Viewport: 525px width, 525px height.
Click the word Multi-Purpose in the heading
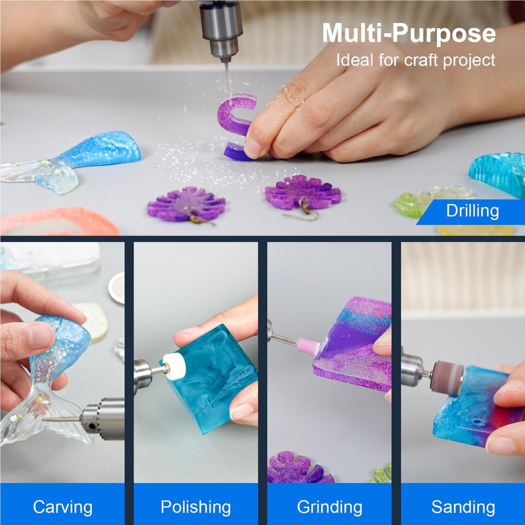pos(409,34)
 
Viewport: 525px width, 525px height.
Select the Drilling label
pos(472,211)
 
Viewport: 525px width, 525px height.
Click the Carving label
pos(62,507)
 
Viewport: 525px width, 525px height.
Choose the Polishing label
pos(196,507)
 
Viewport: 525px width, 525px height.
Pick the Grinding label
pos(329,507)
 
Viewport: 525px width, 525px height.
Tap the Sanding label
pos(463,507)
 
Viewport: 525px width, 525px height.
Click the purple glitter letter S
pos(236,127)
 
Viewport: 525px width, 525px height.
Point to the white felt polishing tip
pos(174,367)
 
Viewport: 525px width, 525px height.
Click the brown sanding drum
pos(447,377)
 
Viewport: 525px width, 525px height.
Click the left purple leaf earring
pos(186,203)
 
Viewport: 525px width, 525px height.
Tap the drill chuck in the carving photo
pos(103,419)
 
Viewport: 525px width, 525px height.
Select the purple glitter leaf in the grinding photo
pos(300,467)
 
